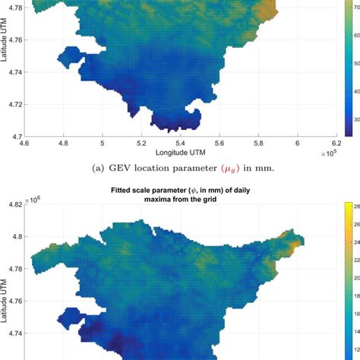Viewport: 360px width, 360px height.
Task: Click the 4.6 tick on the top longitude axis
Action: (x=25, y=142)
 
